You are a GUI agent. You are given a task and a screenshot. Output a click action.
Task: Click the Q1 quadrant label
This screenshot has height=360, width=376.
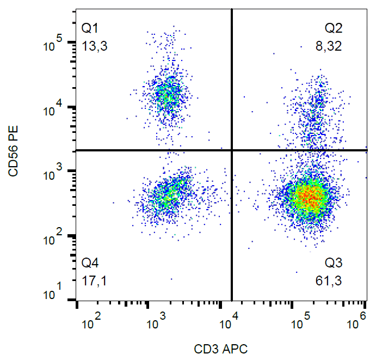[89, 27]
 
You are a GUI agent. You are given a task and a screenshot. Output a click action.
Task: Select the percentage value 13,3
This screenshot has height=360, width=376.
[94, 46]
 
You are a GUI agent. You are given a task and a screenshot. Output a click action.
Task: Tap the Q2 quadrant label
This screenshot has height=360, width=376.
[334, 27]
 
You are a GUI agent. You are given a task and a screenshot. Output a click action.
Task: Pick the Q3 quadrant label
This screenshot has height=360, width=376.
[334, 264]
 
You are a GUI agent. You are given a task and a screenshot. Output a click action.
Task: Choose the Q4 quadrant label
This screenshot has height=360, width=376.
[90, 264]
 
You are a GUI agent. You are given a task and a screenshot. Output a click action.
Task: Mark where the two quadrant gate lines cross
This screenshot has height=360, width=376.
[232, 150]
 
